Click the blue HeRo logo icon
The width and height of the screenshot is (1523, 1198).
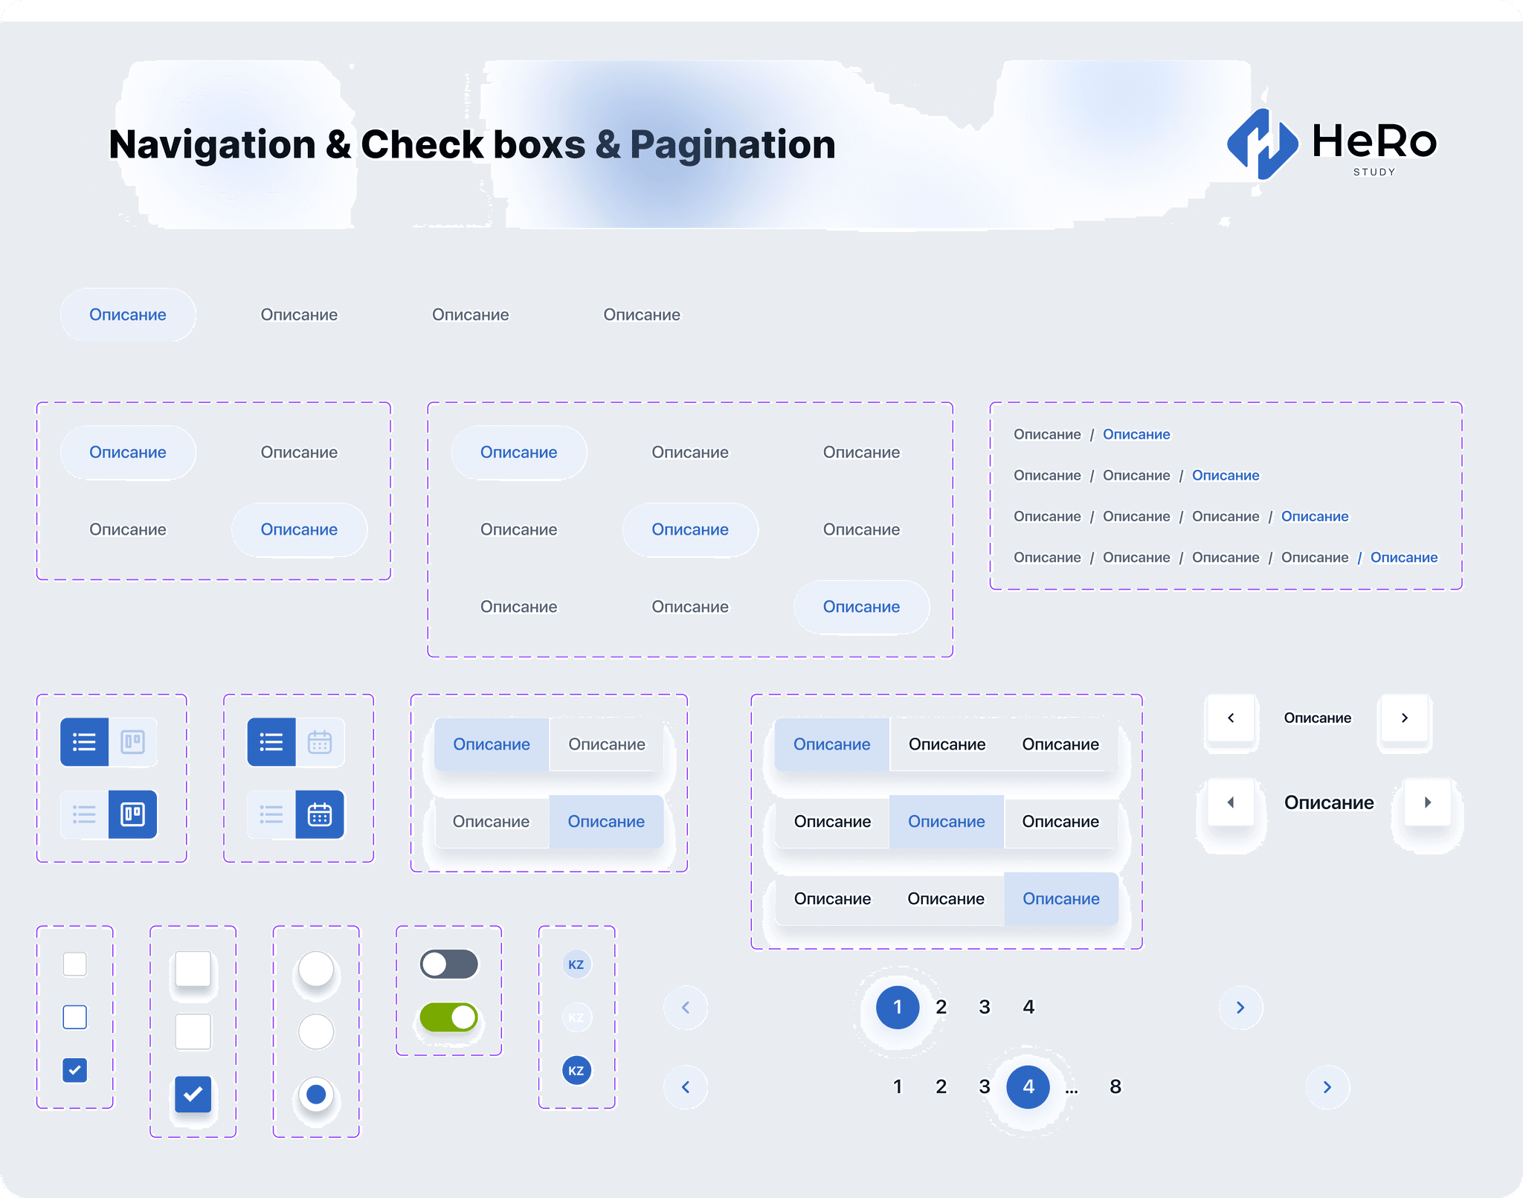pyautogui.click(x=1262, y=144)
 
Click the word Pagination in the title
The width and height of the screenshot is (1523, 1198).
pyautogui.click(x=732, y=144)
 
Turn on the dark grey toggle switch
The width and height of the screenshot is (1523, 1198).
pyautogui.click(x=448, y=964)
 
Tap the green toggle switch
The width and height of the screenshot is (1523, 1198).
pyautogui.click(x=448, y=1017)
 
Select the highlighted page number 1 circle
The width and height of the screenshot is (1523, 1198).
pyautogui.click(x=898, y=1007)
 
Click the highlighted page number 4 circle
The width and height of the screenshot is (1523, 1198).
pyautogui.click(x=1028, y=1086)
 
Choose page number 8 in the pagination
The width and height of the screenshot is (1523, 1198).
pyautogui.click(x=1115, y=1086)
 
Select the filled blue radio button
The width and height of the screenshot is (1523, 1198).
pyautogui.click(x=316, y=1095)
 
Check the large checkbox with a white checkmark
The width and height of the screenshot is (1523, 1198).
pyautogui.click(x=193, y=1094)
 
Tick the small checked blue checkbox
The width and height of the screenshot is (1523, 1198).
pyautogui.click(x=75, y=1070)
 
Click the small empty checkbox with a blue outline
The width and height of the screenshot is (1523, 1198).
pyautogui.click(x=75, y=1017)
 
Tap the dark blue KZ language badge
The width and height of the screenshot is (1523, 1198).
pyautogui.click(x=576, y=1071)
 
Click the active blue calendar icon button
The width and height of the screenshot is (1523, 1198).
pyautogui.click(x=320, y=814)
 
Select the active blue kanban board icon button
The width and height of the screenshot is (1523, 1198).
pyautogui.click(x=133, y=814)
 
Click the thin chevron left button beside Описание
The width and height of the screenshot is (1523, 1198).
pyautogui.click(x=1231, y=718)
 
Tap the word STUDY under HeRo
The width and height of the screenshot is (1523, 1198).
pyautogui.click(x=1374, y=172)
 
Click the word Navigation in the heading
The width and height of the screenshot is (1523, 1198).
pyautogui.click(x=212, y=144)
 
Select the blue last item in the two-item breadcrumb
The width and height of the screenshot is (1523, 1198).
pyautogui.click(x=1136, y=434)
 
